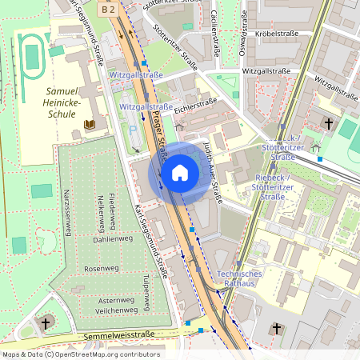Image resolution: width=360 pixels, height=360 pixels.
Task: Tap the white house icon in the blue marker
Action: tap(180, 173)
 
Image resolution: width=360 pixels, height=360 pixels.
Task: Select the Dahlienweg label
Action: tap(113, 238)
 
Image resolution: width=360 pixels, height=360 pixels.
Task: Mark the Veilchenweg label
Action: tap(113, 310)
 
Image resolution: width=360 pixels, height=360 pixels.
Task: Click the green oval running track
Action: tap(31, 53)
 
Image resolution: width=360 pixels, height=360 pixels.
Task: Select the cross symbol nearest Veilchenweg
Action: tap(46, 323)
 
